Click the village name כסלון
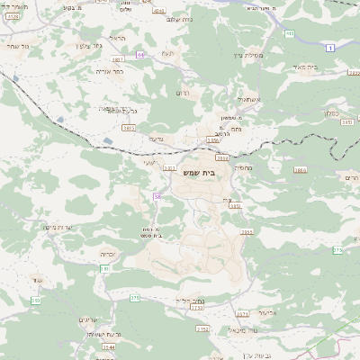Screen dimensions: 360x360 (328, 113)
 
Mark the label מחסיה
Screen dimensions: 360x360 (244, 167)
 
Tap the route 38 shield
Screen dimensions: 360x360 (157, 195)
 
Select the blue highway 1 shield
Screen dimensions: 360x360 (290, 33)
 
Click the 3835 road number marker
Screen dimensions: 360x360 (129, 128)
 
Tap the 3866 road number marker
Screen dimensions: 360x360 (300, 169)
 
